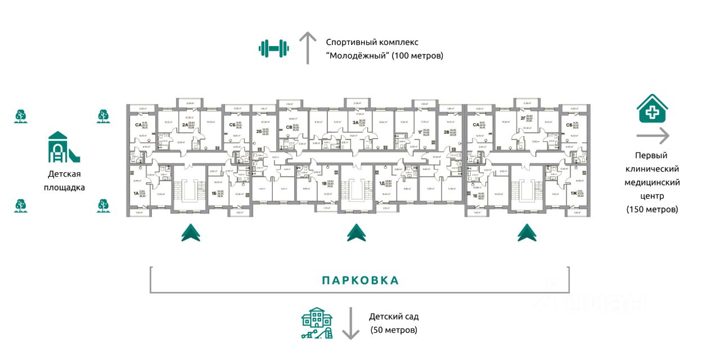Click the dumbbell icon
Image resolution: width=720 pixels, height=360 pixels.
click(274, 48)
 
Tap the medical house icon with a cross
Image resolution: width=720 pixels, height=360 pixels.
click(652, 108)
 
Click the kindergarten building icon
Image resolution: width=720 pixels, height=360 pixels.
click(317, 323)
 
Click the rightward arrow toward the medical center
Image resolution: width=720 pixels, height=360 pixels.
click(652, 136)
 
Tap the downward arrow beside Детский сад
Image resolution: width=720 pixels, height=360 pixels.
click(351, 323)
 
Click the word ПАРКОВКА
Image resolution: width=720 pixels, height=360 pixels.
click(360, 280)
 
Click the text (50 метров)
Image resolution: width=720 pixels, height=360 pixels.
click(394, 330)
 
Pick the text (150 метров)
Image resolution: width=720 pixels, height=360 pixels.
click(652, 209)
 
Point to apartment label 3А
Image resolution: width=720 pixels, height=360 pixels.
click(355, 122)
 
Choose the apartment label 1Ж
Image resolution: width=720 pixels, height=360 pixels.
click(573, 193)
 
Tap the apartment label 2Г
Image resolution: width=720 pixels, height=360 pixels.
click(523, 119)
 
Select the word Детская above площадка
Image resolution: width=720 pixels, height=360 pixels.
click(64, 174)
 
